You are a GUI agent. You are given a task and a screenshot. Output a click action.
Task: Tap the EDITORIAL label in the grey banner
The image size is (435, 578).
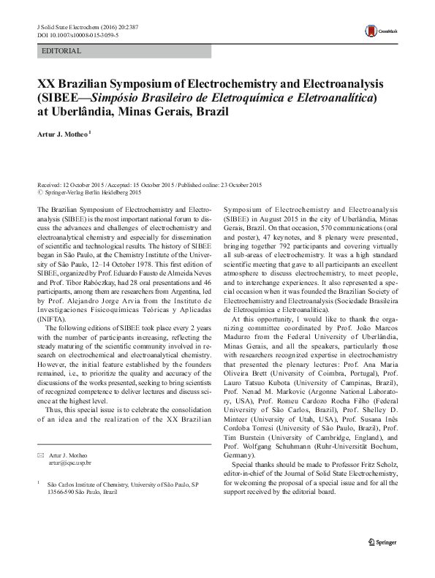(x=62, y=51)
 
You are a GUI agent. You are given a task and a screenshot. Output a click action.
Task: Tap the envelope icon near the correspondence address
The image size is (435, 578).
(x=40, y=455)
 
